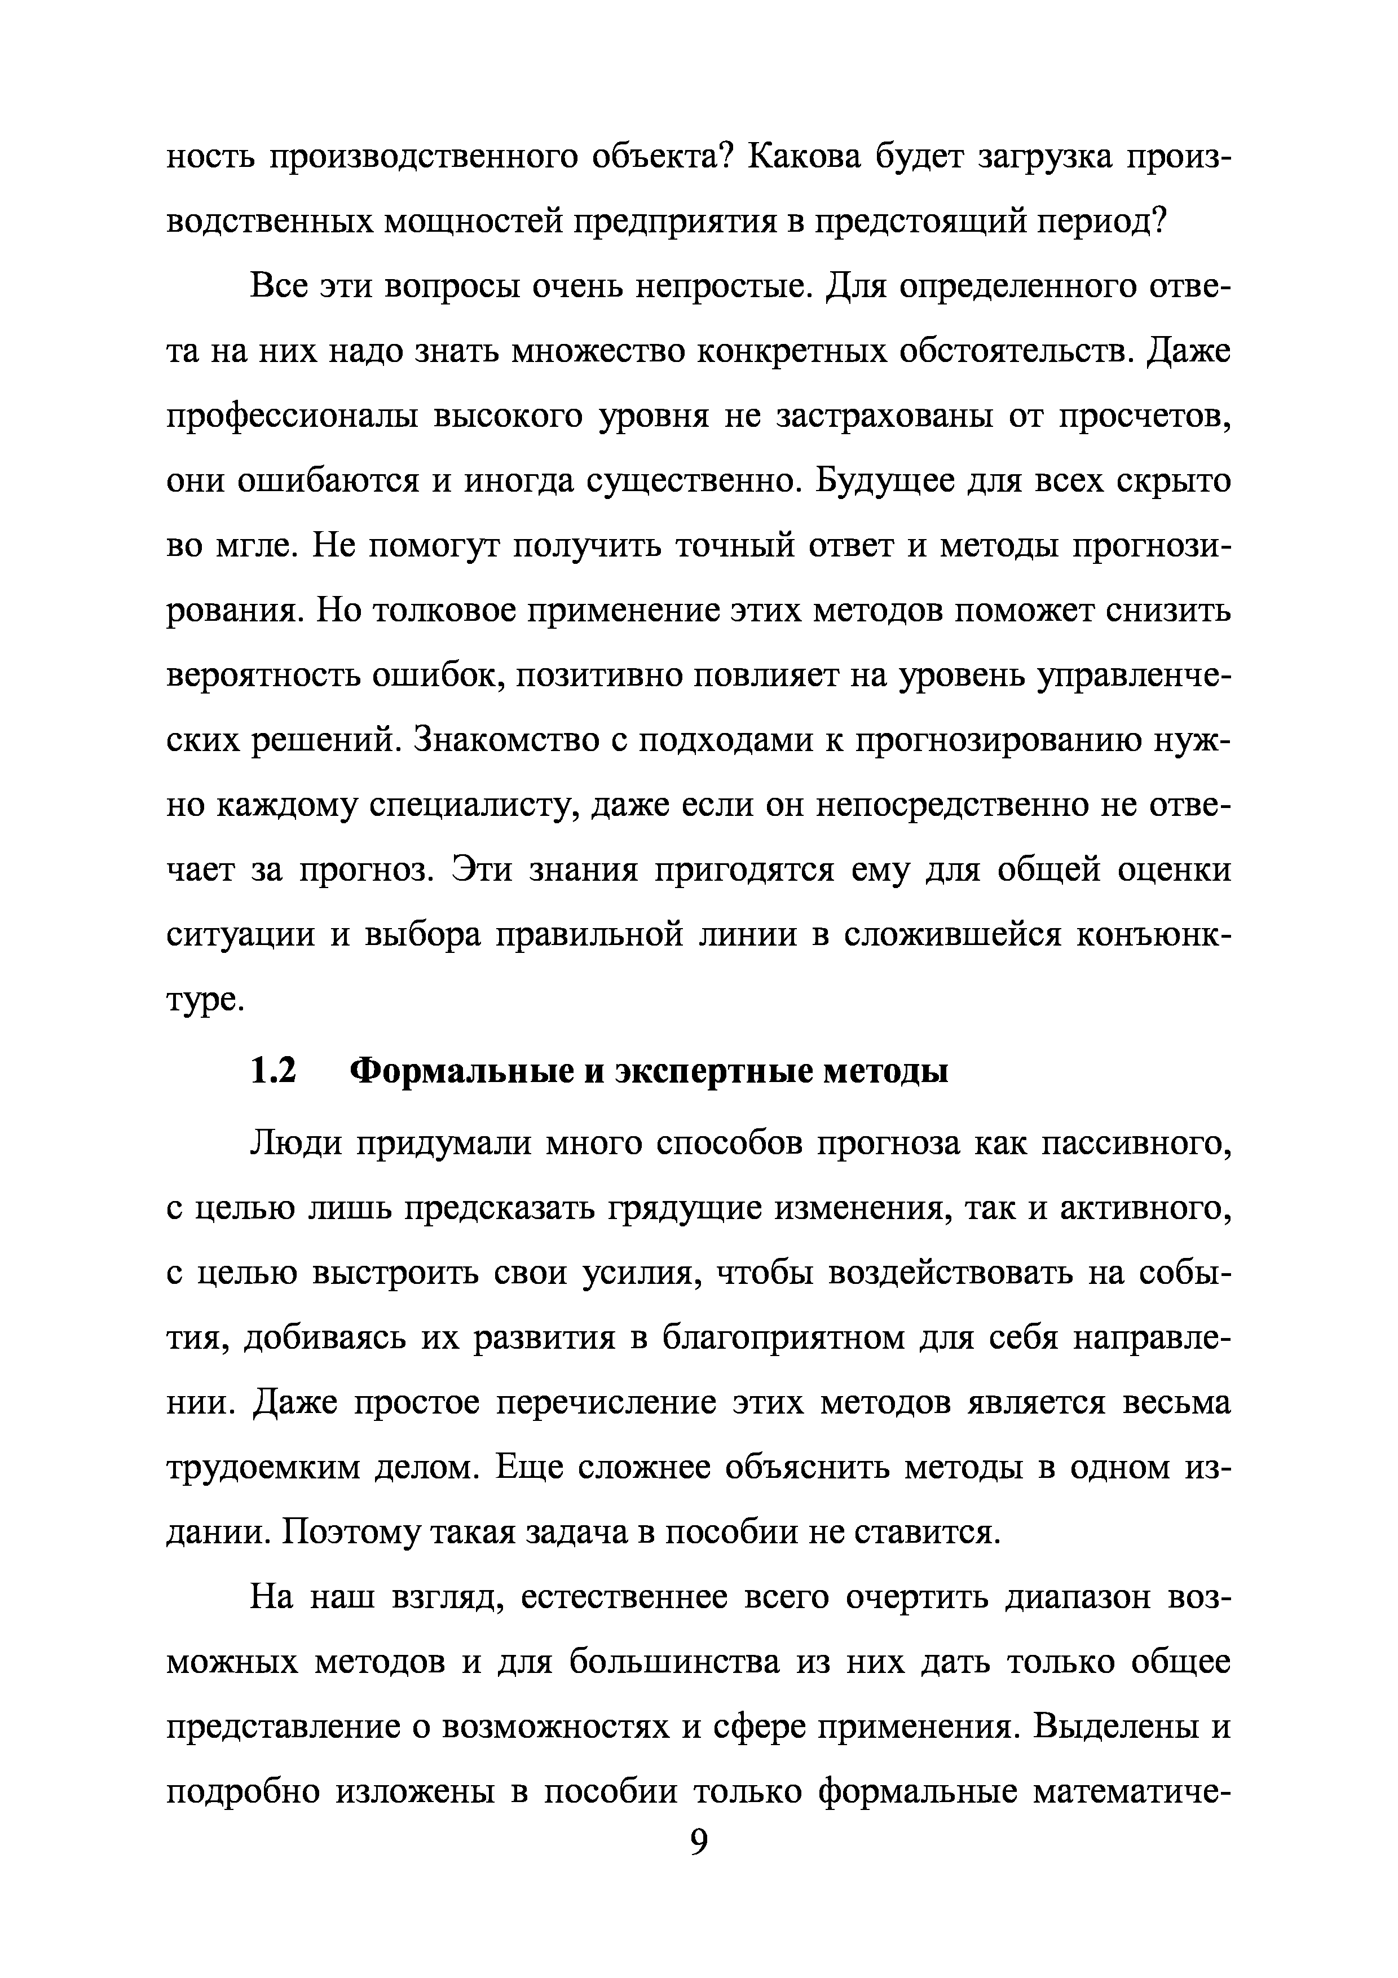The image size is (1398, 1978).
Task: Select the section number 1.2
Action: click(273, 1072)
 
